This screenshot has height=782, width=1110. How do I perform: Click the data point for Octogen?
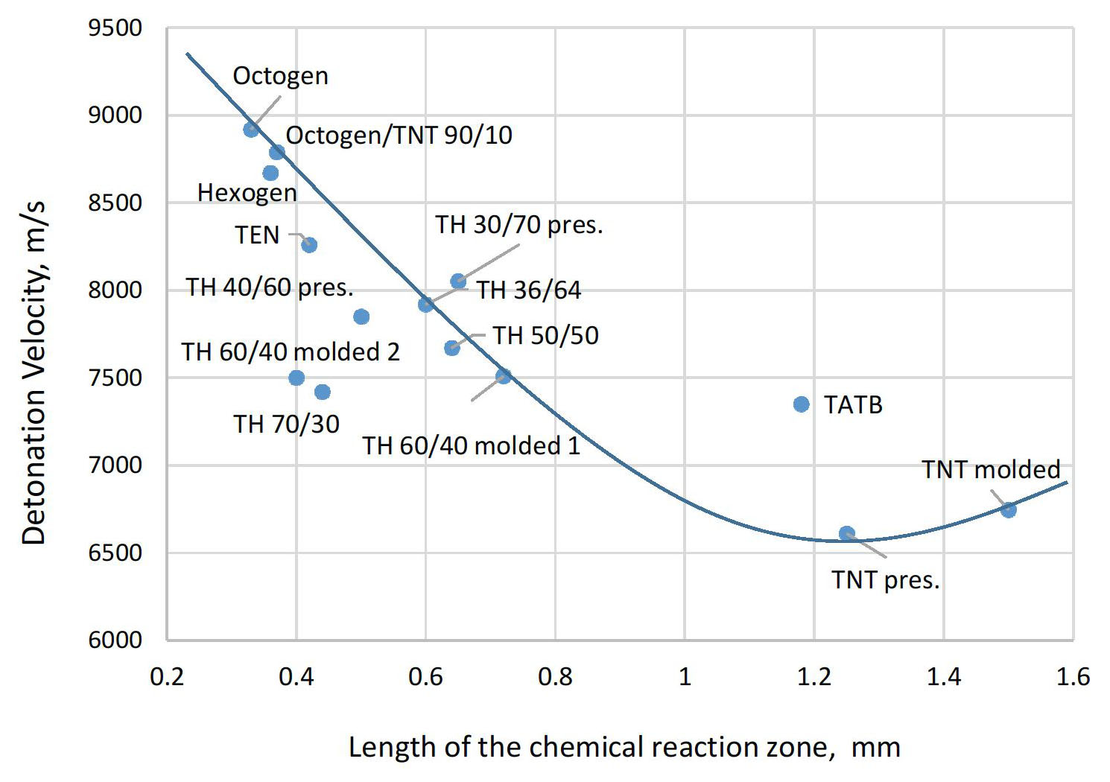click(251, 130)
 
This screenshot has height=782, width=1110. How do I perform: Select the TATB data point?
click(802, 404)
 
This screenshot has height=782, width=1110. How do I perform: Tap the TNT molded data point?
click(1009, 509)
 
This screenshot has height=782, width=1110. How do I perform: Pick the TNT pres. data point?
click(847, 534)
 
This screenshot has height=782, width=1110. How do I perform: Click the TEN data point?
click(309, 245)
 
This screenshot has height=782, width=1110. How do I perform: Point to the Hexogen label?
click(247, 193)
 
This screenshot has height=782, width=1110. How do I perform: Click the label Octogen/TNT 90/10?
click(399, 136)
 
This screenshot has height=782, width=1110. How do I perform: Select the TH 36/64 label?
click(528, 290)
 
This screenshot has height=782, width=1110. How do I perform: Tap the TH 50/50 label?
click(545, 336)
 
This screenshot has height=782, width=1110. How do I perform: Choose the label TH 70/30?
click(286, 425)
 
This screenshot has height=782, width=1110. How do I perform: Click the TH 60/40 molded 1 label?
click(471, 446)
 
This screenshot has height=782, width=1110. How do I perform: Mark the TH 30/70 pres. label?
click(518, 225)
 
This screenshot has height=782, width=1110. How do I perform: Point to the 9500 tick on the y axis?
click(115, 28)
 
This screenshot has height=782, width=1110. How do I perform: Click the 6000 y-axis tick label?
click(115, 640)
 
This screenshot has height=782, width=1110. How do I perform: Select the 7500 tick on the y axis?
click(115, 378)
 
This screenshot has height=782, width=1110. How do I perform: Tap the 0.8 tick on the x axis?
click(555, 677)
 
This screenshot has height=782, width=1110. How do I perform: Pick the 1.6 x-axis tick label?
click(1073, 677)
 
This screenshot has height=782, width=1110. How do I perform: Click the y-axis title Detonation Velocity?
click(34, 372)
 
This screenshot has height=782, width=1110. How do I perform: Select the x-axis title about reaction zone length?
click(624, 747)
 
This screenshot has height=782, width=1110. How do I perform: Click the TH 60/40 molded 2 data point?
click(296, 378)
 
